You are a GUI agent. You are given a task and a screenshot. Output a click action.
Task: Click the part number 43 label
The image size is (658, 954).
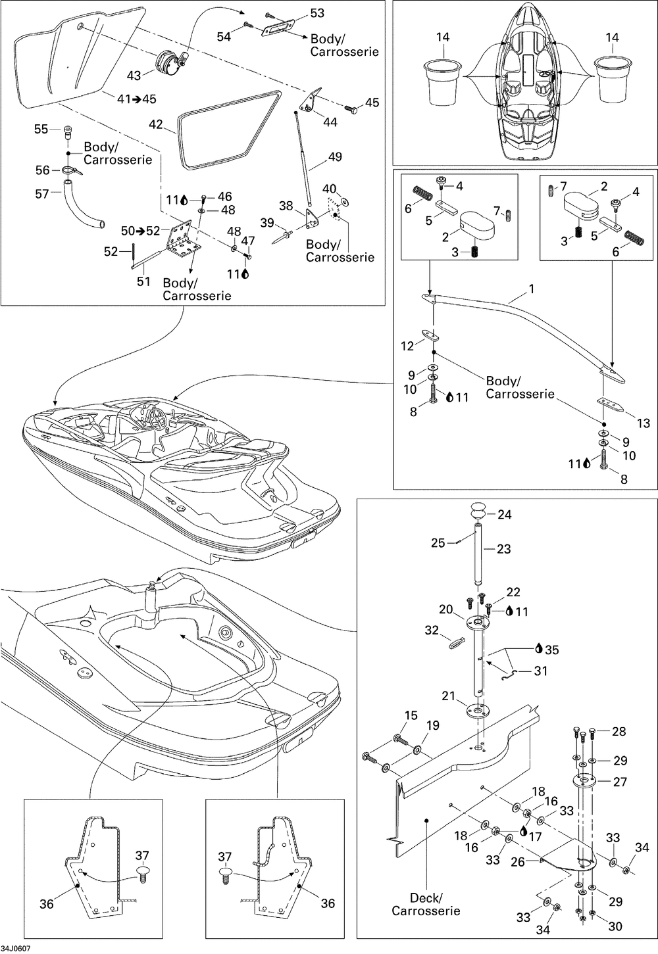click(x=134, y=76)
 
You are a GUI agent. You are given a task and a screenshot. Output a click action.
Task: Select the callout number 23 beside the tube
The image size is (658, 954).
click(x=503, y=549)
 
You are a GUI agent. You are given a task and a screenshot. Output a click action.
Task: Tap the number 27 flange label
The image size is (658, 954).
click(x=619, y=782)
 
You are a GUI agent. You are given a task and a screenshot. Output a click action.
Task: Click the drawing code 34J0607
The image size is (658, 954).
click(x=16, y=947)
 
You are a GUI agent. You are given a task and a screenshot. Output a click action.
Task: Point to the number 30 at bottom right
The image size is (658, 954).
click(x=615, y=926)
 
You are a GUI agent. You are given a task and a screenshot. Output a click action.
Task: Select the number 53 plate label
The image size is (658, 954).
click(x=316, y=13)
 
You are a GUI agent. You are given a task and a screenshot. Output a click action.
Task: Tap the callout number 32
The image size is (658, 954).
click(x=432, y=630)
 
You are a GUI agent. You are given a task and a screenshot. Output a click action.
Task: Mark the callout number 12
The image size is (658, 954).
click(x=408, y=345)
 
